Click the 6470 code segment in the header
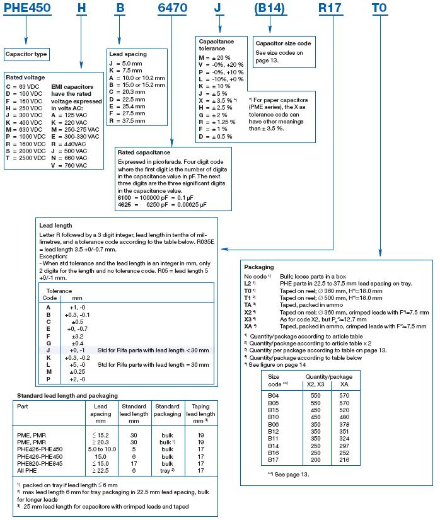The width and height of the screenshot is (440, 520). [x=171, y=9]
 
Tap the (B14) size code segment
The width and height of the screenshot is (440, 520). [x=271, y=9]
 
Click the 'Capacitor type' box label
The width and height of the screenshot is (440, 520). [x=26, y=54]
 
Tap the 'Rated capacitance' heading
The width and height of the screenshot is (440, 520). [x=144, y=152]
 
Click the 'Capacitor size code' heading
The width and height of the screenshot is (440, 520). [x=284, y=43]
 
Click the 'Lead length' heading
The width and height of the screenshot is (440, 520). [x=55, y=225]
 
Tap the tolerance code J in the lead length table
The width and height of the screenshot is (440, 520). [x=49, y=349]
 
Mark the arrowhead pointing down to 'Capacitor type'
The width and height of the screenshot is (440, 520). [x=26, y=42]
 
